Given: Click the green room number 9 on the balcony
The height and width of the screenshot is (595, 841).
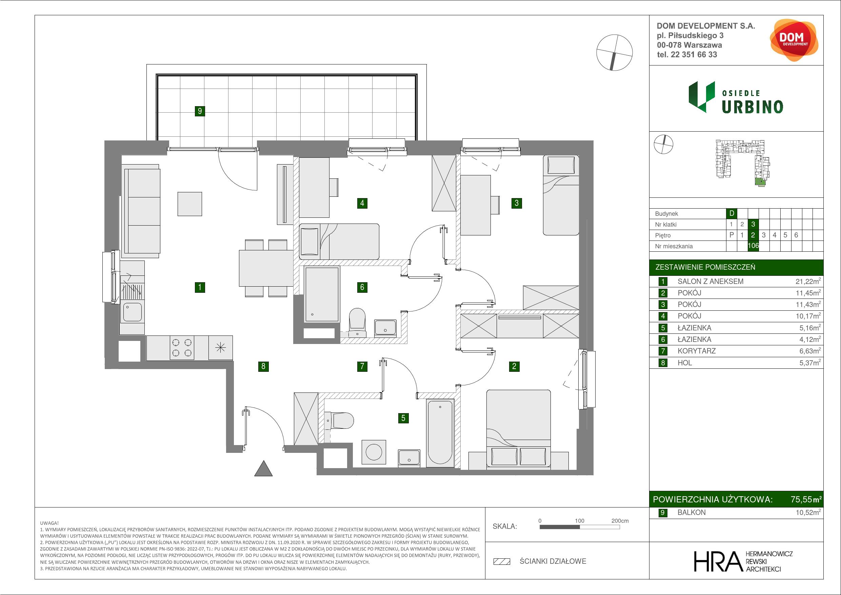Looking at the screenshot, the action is click(x=200, y=111).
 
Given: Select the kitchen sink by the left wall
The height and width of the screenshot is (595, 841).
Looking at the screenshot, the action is click(x=132, y=312).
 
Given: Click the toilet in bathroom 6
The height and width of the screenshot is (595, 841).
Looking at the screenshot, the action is click(x=357, y=322).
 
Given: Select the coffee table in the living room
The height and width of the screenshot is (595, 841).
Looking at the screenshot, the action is click(x=190, y=204).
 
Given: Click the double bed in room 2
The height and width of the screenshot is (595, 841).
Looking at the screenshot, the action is click(x=518, y=429).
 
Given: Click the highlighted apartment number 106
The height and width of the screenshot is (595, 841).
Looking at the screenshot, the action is click(x=753, y=246).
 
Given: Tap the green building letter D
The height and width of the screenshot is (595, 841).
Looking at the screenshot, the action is click(x=732, y=213).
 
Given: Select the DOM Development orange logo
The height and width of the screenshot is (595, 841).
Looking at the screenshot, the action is click(x=794, y=40).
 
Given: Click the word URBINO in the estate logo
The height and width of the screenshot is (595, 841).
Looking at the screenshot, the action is click(x=753, y=107).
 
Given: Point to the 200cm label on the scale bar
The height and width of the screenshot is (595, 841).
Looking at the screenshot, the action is click(x=620, y=521).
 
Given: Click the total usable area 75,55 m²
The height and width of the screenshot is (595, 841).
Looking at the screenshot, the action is click(x=806, y=499).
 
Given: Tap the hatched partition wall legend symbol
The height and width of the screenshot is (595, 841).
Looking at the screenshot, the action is click(x=502, y=561).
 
